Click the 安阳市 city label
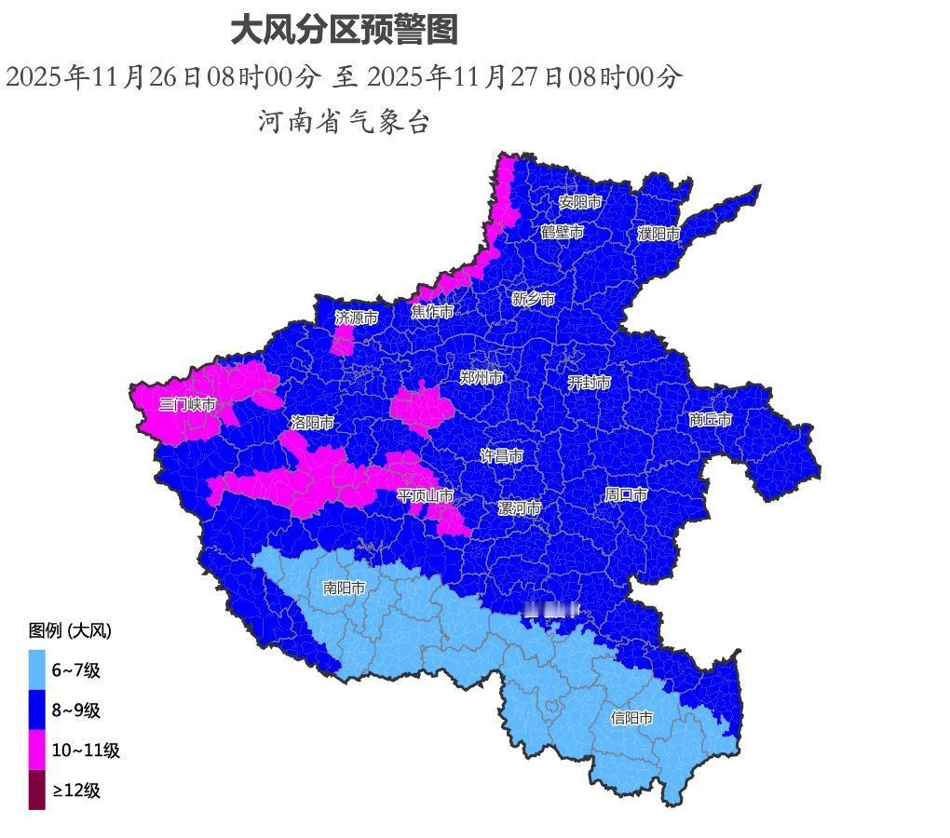[580, 202]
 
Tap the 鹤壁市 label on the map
[563, 231]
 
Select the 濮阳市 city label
[658, 234]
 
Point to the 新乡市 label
[534, 299]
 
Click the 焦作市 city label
[432, 311]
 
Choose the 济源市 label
[357, 318]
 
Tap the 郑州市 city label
[482, 377]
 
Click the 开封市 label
[590, 382]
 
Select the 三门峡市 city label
[187, 404]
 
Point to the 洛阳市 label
[312, 423]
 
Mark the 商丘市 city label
[711, 420]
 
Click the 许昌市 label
[501, 456]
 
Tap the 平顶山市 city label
[426, 495]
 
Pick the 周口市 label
[626, 494]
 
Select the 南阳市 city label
[344, 588]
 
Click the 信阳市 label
[631, 718]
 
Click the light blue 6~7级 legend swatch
[36, 669]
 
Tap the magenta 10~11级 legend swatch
[36, 750]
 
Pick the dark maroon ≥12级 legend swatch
[36, 790]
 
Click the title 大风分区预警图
[344, 30]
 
